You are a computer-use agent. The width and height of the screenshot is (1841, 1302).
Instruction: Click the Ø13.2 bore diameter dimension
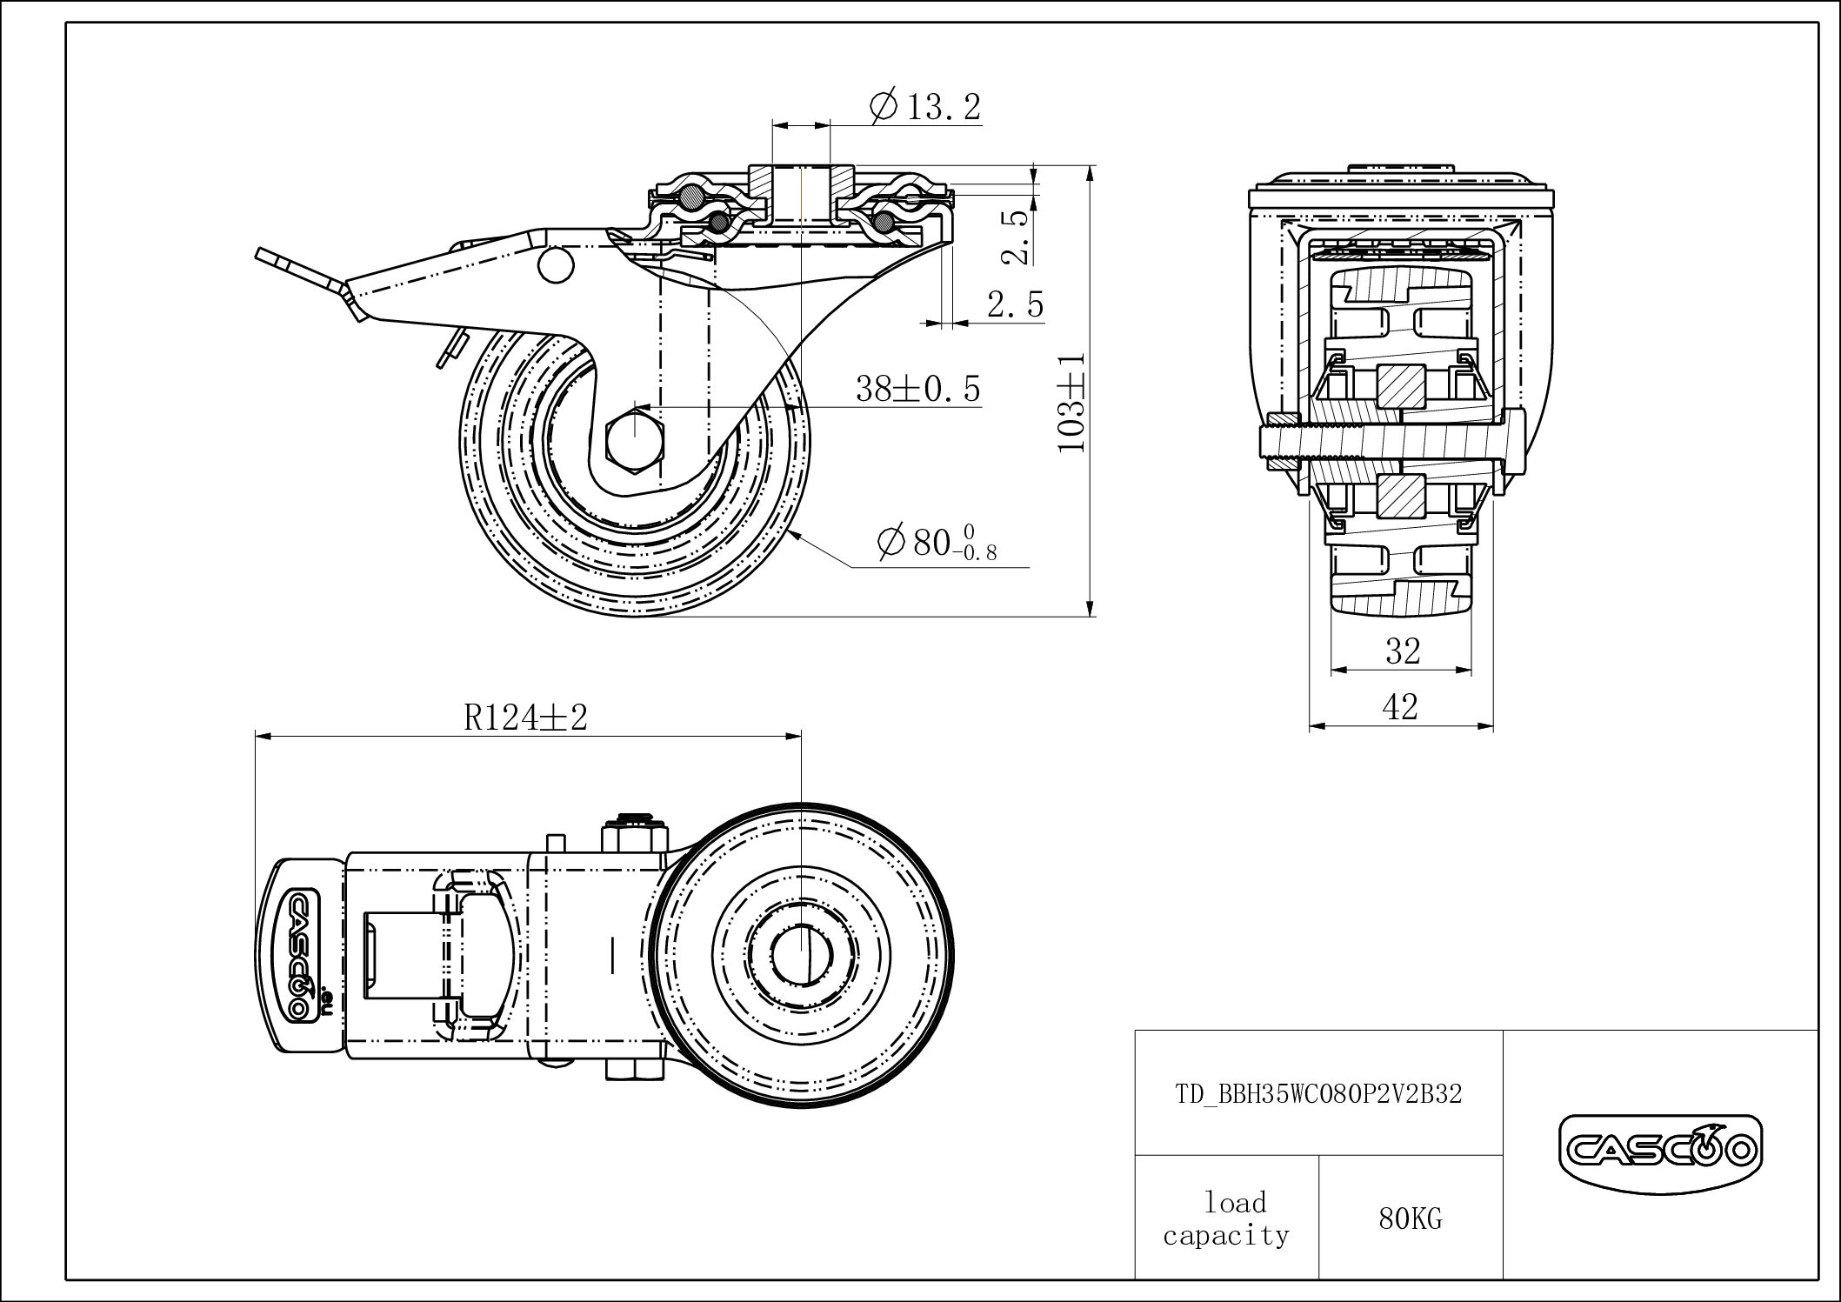[925, 107]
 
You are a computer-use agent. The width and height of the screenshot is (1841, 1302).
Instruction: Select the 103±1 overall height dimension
[1071, 403]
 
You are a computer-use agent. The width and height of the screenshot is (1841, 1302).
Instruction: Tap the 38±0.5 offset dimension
[918, 388]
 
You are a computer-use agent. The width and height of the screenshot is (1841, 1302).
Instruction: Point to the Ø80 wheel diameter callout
[937, 543]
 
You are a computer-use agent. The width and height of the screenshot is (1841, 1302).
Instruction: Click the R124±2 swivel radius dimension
[526, 718]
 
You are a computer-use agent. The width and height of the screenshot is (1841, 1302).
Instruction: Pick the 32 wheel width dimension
[1402, 650]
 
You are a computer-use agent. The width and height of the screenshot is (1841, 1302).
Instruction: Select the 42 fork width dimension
[1400, 706]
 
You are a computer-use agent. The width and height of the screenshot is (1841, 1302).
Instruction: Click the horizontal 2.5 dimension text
[1015, 304]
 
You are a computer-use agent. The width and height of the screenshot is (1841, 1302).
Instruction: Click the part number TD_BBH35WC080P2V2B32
[1318, 1093]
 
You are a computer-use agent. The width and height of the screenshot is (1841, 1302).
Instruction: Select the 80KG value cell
[1410, 1219]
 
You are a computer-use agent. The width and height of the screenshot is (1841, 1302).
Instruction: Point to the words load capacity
[1226, 1219]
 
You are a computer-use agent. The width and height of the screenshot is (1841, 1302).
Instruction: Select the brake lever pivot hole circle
[555, 264]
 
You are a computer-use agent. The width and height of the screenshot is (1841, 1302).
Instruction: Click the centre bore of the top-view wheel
[801, 954]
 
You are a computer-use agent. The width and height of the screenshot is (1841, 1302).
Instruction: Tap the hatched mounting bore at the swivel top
[801, 196]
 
